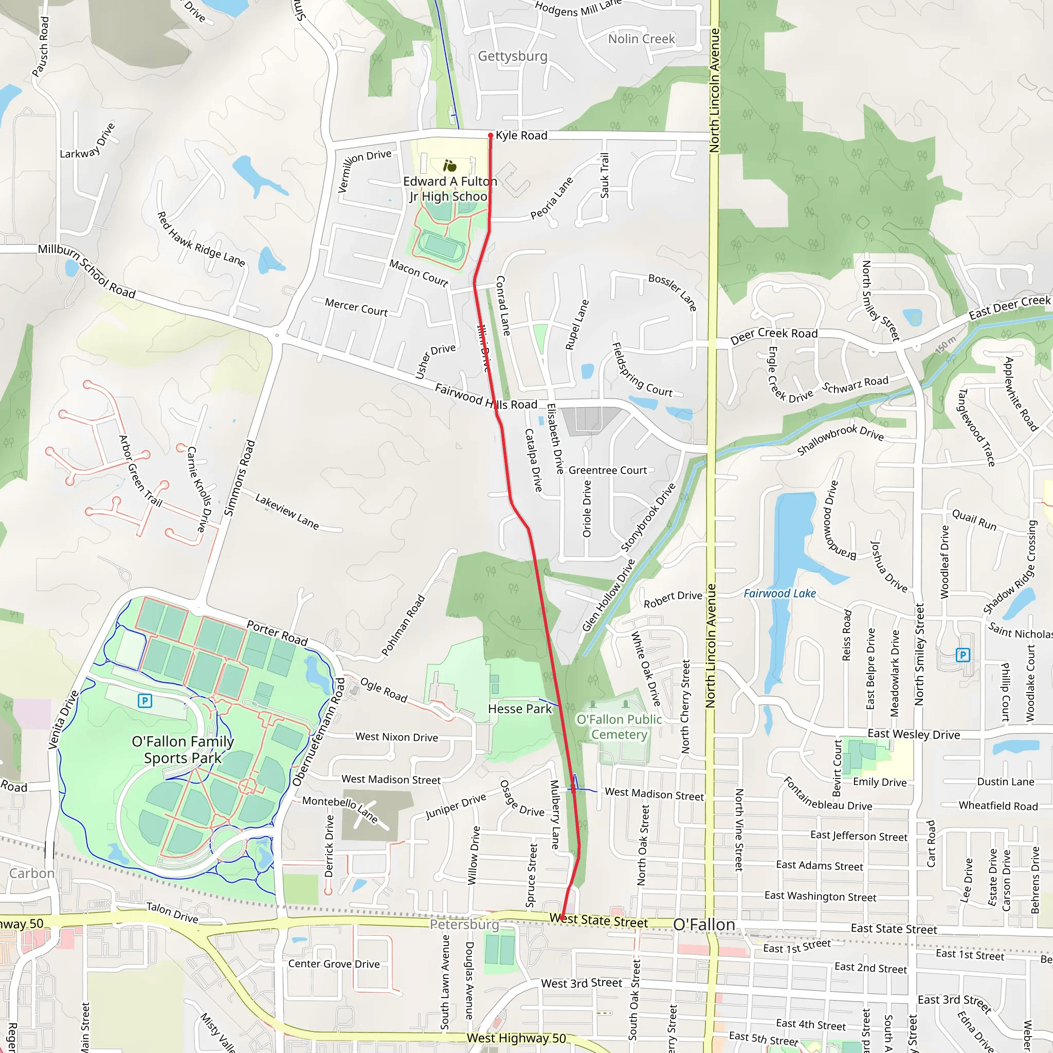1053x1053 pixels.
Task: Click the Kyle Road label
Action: (x=521, y=135)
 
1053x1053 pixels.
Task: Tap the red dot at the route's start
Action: (x=491, y=135)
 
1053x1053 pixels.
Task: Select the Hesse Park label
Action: (x=519, y=709)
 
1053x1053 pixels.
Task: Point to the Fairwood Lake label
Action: (x=779, y=593)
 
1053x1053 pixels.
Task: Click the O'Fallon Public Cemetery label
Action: (x=619, y=727)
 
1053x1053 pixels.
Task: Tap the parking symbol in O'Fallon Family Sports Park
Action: (x=144, y=700)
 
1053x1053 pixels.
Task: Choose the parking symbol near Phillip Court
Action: (x=963, y=655)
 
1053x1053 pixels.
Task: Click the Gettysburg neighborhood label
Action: (x=512, y=56)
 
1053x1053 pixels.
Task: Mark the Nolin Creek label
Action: (x=642, y=39)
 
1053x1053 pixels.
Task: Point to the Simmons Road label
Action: (x=240, y=478)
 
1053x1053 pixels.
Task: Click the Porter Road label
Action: (x=278, y=633)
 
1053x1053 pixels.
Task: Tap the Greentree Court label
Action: (x=608, y=470)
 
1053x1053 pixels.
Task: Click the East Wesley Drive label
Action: (x=914, y=734)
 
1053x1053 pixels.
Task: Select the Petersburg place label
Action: (x=464, y=924)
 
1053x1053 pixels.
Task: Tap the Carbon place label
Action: (x=31, y=873)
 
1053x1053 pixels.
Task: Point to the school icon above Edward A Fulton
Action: (x=450, y=166)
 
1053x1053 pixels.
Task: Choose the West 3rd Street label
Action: (x=581, y=983)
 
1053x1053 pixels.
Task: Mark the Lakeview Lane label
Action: (x=287, y=511)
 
